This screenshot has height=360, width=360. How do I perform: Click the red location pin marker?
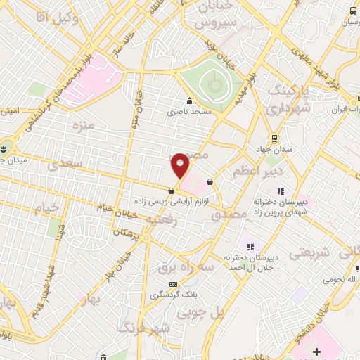181,165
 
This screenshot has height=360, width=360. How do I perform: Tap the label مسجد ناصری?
189,111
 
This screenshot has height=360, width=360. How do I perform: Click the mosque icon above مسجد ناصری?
189,101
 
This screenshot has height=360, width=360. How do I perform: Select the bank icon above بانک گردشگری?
165,283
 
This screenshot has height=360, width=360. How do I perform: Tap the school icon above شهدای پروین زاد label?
280,191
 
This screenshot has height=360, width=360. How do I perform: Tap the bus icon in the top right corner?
352,11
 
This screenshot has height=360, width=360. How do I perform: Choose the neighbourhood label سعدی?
64,164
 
